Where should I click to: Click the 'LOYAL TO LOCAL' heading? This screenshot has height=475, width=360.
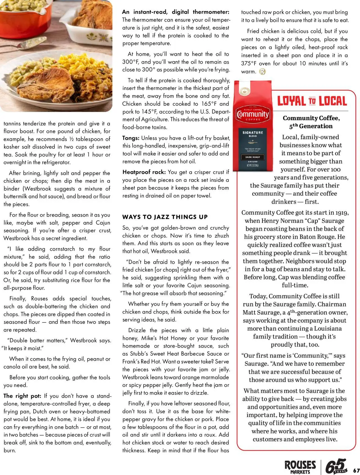(312, 101)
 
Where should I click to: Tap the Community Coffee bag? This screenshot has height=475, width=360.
(253, 127)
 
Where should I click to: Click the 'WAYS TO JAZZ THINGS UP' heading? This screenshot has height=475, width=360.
(165, 217)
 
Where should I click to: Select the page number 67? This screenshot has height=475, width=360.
(356, 470)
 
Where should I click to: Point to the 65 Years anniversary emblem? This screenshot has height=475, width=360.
(336, 466)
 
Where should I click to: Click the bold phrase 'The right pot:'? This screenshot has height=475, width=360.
(22, 396)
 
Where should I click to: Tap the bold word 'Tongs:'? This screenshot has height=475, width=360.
(131, 138)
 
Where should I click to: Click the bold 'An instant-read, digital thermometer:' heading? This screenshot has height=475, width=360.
(175, 12)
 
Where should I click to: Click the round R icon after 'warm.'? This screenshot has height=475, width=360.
(262, 71)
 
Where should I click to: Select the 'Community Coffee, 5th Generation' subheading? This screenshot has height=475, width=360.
(311, 122)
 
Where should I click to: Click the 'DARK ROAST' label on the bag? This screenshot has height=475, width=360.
(253, 157)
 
